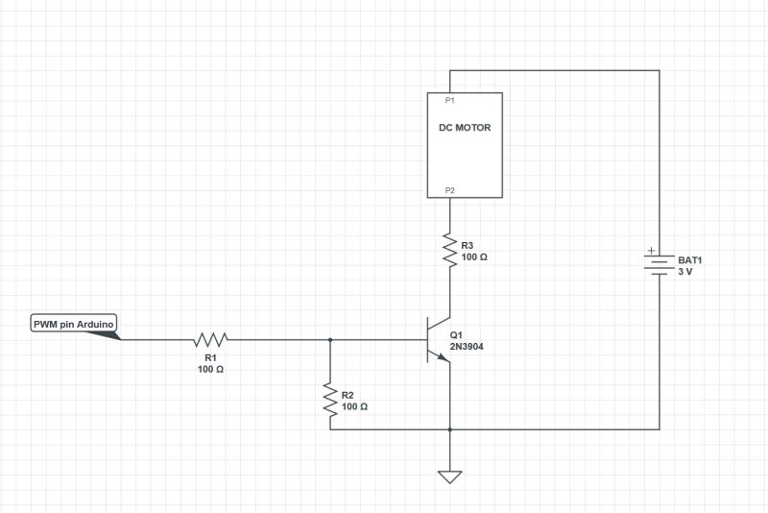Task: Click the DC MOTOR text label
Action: click(464, 128)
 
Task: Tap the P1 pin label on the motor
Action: click(449, 101)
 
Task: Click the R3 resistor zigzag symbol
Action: click(449, 249)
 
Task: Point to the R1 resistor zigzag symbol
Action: click(210, 339)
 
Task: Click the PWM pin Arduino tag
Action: click(74, 325)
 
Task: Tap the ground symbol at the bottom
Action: click(449, 476)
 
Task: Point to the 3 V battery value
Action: click(685, 272)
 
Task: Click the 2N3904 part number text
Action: click(467, 345)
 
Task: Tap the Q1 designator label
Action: click(456, 333)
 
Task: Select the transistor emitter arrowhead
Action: click(443, 357)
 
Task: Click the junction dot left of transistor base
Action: click(330, 339)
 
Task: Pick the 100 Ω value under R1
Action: click(211, 369)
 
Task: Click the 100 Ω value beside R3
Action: click(474, 257)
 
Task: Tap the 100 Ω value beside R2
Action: click(355, 406)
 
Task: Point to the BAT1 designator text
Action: click(690, 260)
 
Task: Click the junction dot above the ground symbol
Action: click(449, 428)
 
